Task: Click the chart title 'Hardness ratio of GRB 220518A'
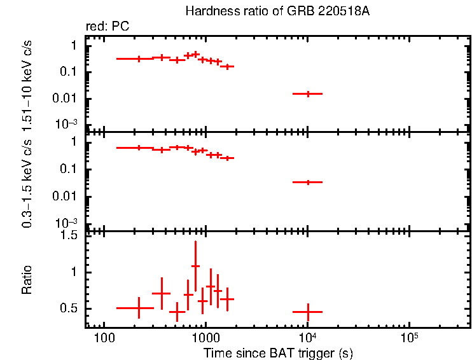[x=277, y=11]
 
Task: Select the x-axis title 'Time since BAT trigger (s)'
[x=278, y=352]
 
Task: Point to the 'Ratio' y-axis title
[x=27, y=280]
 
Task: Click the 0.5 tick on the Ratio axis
[x=71, y=308]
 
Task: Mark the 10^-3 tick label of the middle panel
[x=68, y=222]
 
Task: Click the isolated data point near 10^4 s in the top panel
[x=308, y=93]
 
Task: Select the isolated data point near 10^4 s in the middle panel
[x=308, y=182]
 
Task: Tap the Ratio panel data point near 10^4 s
[x=308, y=312]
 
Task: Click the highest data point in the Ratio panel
[x=195, y=266]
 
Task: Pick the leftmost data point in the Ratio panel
[x=139, y=308]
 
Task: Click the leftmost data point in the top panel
[x=139, y=59]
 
